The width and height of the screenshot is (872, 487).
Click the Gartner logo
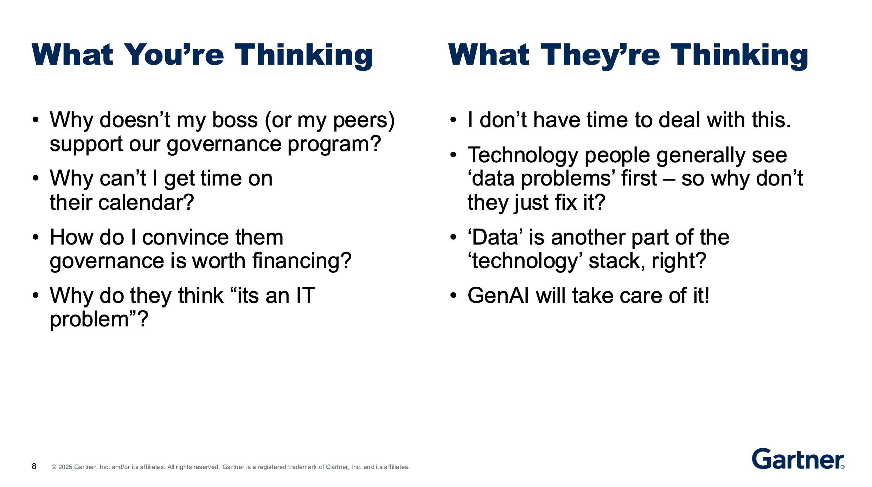[797, 459]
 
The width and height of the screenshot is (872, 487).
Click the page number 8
[34, 466]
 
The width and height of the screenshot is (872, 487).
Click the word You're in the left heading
[174, 55]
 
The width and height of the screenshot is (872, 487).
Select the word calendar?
[146, 203]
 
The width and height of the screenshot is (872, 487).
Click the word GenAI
[498, 296]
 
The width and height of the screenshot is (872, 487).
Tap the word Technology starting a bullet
[522, 155]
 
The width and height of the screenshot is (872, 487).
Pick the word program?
[334, 144]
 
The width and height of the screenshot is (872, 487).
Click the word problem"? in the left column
[99, 319]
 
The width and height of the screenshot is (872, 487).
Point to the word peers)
[364, 120]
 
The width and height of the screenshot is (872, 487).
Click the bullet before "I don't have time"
[453, 120]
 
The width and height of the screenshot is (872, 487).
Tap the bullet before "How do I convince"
[36, 238]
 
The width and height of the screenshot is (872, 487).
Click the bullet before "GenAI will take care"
[453, 296]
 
